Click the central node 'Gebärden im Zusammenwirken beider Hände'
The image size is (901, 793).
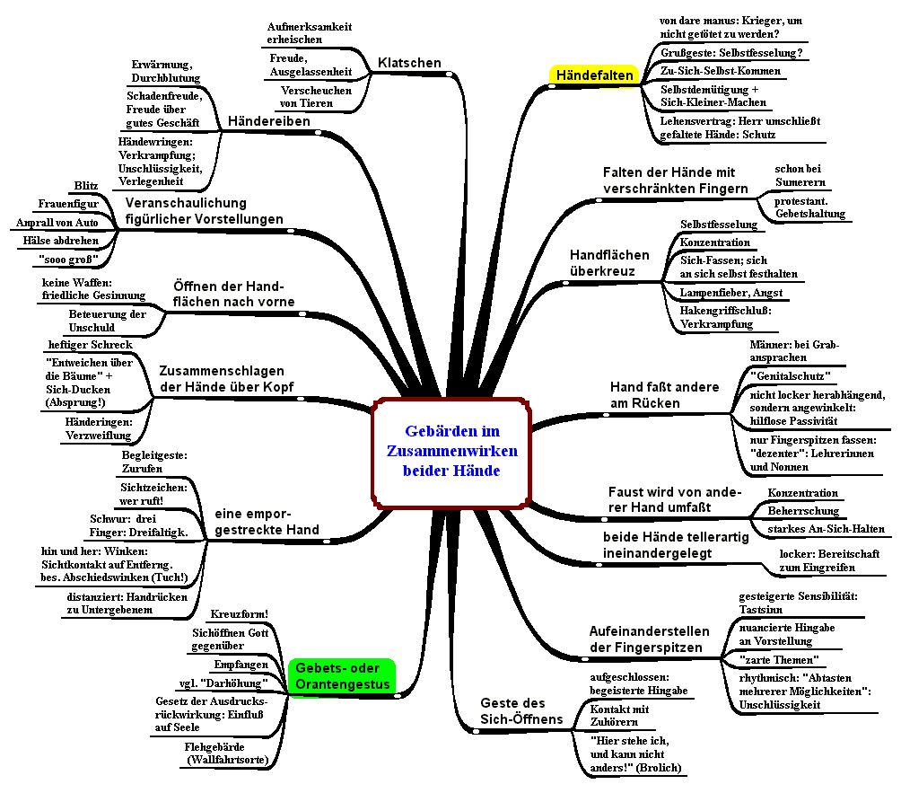(x=451, y=451)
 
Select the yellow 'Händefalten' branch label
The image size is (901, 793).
(x=594, y=75)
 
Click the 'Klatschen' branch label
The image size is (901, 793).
(x=409, y=63)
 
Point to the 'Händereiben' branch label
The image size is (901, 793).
(x=269, y=120)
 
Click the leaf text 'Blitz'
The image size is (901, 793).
(x=86, y=186)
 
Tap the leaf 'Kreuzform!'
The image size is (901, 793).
(x=240, y=614)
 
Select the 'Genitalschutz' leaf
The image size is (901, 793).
(x=790, y=375)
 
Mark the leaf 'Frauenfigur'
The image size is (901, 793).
(x=68, y=204)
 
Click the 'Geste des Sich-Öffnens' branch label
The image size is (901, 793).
(x=521, y=710)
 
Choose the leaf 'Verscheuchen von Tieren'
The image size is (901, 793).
(x=315, y=97)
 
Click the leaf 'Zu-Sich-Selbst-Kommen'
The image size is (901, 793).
(x=720, y=71)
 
